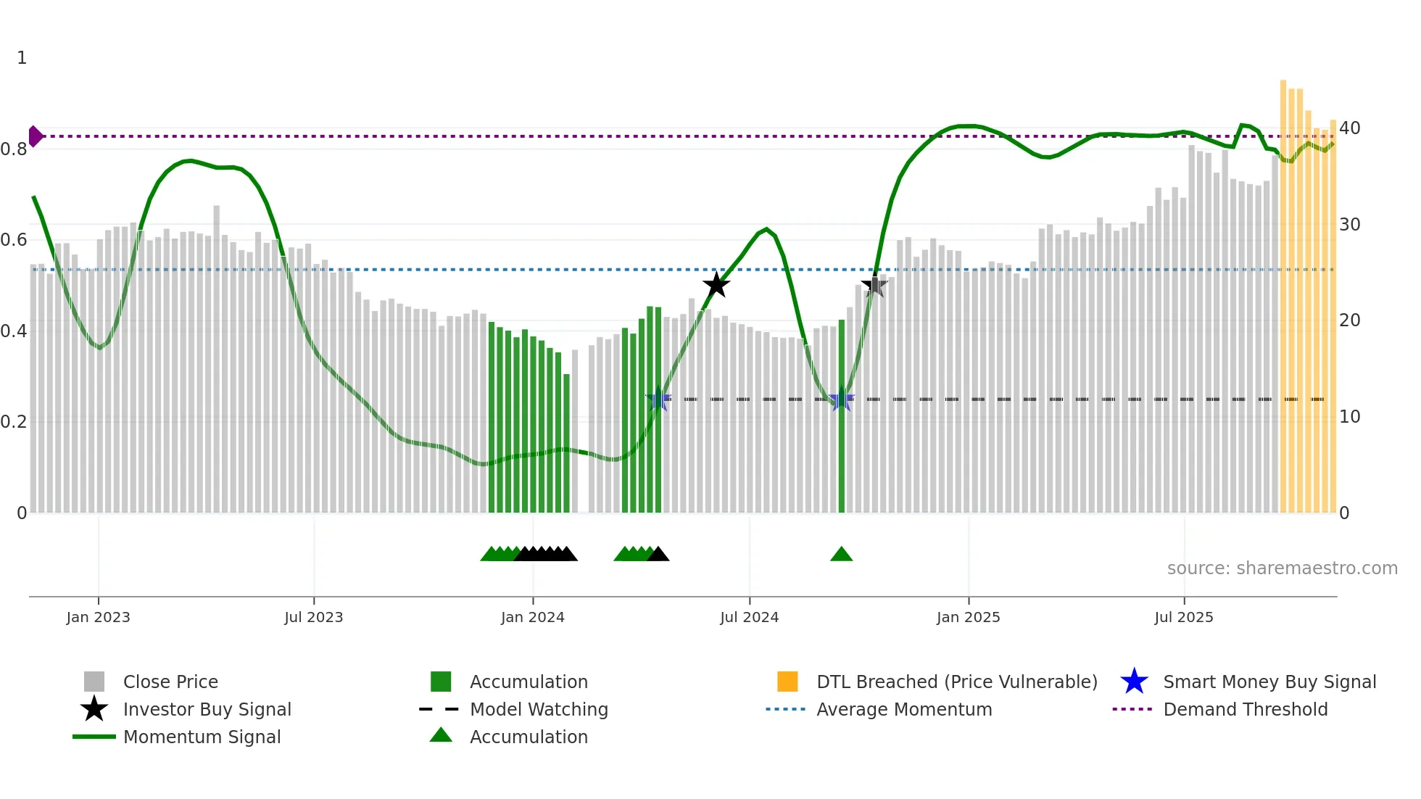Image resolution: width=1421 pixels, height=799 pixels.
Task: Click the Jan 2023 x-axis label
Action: click(98, 617)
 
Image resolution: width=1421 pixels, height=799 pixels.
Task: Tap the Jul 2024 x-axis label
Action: click(749, 617)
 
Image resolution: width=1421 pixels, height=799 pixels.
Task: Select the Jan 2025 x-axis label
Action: click(968, 617)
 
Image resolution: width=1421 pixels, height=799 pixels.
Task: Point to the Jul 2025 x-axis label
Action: click(1183, 617)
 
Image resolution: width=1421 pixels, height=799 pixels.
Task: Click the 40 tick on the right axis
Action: click(1349, 128)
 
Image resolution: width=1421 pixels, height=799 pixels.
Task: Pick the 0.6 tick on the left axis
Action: click(14, 240)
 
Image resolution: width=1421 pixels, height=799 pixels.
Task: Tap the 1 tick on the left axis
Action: click(22, 58)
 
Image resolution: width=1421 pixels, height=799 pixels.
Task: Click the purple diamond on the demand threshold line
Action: click(35, 136)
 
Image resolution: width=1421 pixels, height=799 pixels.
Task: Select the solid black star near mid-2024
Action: click(716, 285)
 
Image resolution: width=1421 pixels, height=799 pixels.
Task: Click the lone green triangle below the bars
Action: click(841, 555)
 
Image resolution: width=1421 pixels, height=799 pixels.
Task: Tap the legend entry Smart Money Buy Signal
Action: click(1269, 682)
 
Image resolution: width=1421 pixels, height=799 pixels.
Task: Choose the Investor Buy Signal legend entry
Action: click(207, 709)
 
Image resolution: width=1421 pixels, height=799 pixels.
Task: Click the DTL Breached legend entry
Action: click(956, 682)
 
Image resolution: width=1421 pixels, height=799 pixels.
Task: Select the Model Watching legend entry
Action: click(539, 709)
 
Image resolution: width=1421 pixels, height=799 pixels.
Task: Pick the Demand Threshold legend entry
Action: click(1245, 709)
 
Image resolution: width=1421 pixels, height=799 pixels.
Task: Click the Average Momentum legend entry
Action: click(903, 709)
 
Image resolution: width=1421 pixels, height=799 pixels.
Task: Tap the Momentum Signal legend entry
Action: click(202, 737)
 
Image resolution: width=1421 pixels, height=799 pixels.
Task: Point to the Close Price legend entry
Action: click(170, 682)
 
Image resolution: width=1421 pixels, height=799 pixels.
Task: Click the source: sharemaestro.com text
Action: click(1282, 568)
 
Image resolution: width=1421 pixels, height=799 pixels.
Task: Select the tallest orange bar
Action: click(1283, 290)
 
